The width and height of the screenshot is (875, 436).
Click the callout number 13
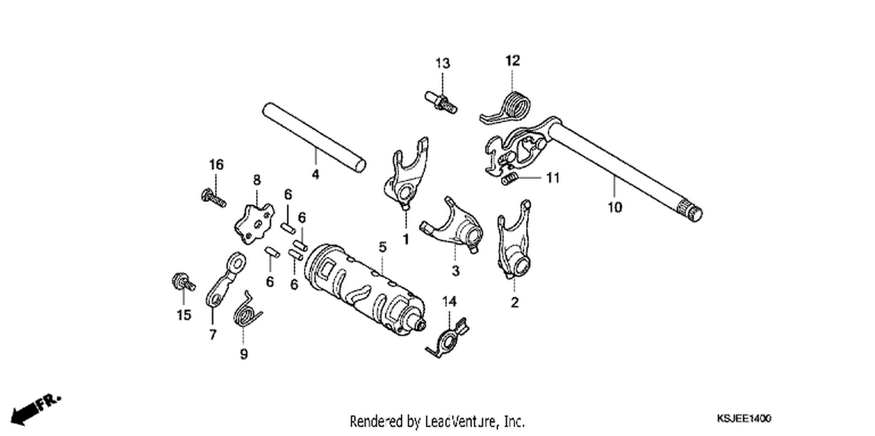[443, 63]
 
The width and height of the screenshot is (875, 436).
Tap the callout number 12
[513, 61]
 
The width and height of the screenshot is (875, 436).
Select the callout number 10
[614, 207]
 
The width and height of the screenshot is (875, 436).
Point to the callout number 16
[216, 165]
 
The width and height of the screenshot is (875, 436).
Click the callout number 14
[449, 301]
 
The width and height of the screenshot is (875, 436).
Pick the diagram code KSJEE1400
[744, 419]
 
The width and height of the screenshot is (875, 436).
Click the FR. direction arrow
[34, 410]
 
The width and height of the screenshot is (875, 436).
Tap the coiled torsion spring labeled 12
[507, 108]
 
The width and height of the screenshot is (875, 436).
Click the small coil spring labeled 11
[510, 180]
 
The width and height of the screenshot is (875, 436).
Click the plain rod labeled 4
[314, 137]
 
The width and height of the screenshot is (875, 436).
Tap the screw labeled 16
[213, 198]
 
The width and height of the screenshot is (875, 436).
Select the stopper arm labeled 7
[225, 279]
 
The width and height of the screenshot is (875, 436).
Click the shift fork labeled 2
[514, 240]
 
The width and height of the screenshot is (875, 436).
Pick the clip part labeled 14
[447, 339]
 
